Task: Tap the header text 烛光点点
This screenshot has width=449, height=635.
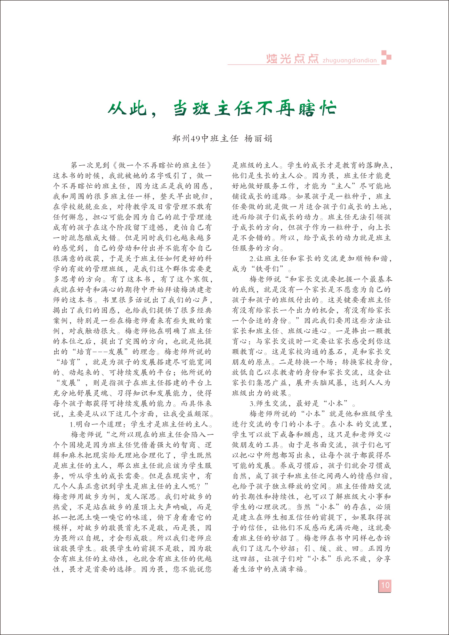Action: pos(292,59)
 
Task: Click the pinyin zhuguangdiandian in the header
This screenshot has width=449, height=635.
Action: pos(350,61)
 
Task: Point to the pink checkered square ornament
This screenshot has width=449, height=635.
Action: pos(386,58)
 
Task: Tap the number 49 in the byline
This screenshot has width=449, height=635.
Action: pos(196,139)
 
